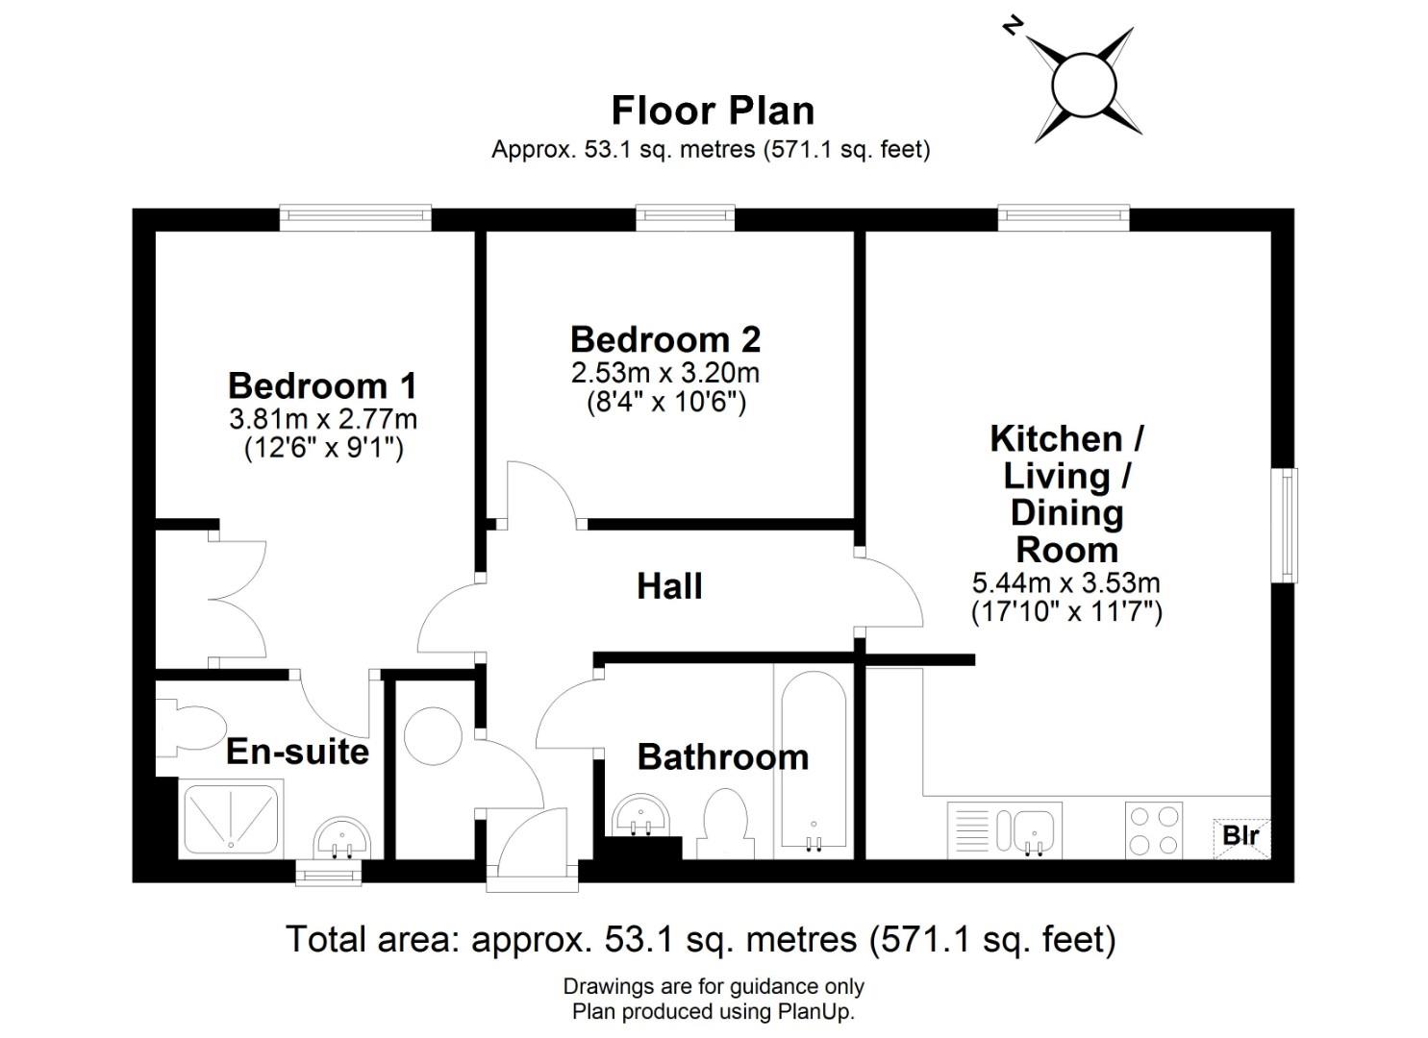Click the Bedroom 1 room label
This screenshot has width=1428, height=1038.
coord(322,385)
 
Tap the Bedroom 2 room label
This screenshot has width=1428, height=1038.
coord(665,339)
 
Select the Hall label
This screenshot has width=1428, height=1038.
coord(669,586)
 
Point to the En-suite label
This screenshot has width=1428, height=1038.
coord(298,752)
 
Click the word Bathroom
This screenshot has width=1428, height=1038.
coord(723,757)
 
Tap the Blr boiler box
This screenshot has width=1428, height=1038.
coord(1241,836)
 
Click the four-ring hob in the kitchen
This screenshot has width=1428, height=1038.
coord(1154,829)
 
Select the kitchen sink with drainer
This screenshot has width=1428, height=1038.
coord(1005,829)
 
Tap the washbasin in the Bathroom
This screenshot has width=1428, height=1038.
coord(640,815)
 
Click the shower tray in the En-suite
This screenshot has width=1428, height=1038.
coord(230,820)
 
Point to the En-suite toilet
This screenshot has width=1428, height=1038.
coord(190,729)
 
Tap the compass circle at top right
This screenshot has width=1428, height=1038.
coord(1084,85)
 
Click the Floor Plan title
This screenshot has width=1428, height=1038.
coord(713,111)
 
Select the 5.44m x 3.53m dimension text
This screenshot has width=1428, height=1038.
coord(1065,582)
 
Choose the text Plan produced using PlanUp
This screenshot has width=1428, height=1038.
coord(713,1012)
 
